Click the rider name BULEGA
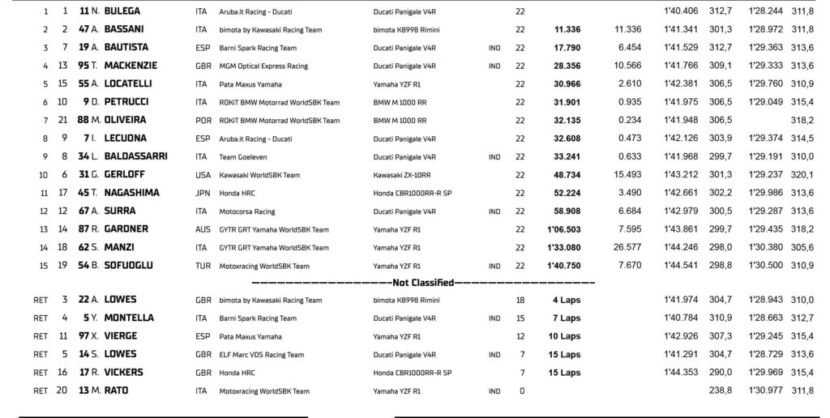click(122, 11)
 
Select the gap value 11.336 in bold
click(567, 30)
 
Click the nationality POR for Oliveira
click(202, 121)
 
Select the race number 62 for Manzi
click(83, 247)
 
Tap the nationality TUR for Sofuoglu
click(202, 266)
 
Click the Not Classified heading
click(422, 283)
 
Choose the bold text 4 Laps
click(567, 301)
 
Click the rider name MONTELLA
click(129, 318)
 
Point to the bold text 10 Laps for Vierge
click(564, 336)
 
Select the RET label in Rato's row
click(41, 390)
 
